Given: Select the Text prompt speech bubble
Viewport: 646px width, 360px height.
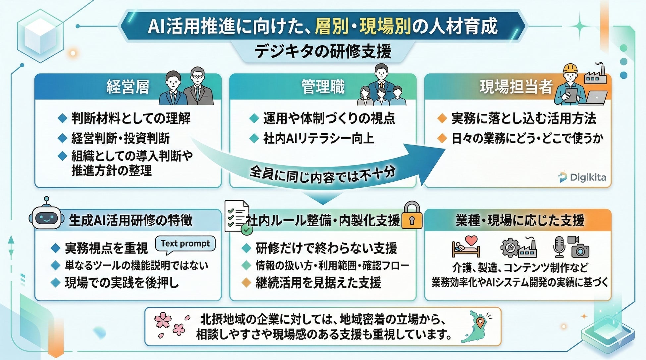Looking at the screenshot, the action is [185, 244].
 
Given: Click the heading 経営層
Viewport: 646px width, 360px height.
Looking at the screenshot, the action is [128, 87].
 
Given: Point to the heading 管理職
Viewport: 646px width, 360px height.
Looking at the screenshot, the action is [323, 87].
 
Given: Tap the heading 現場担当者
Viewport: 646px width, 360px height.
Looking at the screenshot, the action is [516, 87].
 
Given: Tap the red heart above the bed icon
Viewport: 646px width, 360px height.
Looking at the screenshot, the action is [471, 240].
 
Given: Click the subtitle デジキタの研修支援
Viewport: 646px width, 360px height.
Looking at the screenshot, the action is [323, 52].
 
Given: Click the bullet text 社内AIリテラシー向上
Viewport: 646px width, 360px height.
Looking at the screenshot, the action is [318, 138].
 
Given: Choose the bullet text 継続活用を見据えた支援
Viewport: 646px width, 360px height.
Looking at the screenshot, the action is [318, 283].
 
